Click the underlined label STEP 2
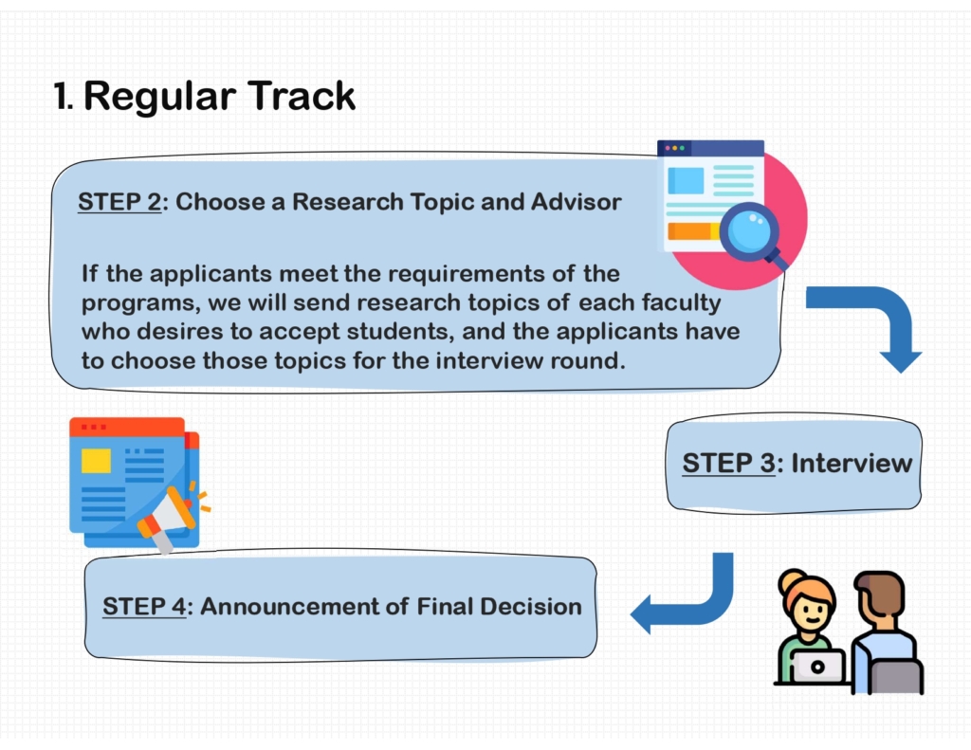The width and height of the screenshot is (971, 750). pyautogui.click(x=119, y=202)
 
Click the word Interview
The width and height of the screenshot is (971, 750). pyautogui.click(x=852, y=464)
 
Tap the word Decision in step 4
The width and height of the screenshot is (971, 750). pyautogui.click(x=531, y=607)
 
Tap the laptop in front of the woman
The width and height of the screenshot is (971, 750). pyautogui.click(x=817, y=667)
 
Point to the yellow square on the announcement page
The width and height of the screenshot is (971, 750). pyautogui.click(x=96, y=461)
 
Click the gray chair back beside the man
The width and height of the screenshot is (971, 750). pyautogui.click(x=896, y=676)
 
